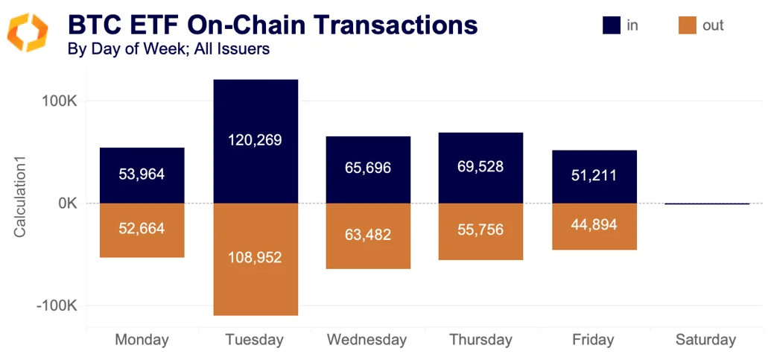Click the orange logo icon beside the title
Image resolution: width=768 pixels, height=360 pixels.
point(27,32)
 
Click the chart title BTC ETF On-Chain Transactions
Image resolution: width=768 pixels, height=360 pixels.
point(273,25)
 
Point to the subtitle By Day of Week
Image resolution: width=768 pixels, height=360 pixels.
point(168,50)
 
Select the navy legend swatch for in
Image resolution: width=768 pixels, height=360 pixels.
point(612,25)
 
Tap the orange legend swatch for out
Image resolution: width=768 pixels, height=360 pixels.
point(687,25)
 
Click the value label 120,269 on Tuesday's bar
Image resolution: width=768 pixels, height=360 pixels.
point(256,140)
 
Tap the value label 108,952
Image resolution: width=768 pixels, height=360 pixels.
point(256,258)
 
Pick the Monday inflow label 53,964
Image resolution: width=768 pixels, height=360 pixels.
point(142,174)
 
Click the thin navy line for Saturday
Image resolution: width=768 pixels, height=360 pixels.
point(706,203)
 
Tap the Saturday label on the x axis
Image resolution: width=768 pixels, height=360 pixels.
point(705,340)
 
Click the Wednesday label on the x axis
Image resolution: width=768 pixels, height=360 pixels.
point(367,340)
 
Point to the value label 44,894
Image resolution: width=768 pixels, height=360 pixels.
point(594,225)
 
